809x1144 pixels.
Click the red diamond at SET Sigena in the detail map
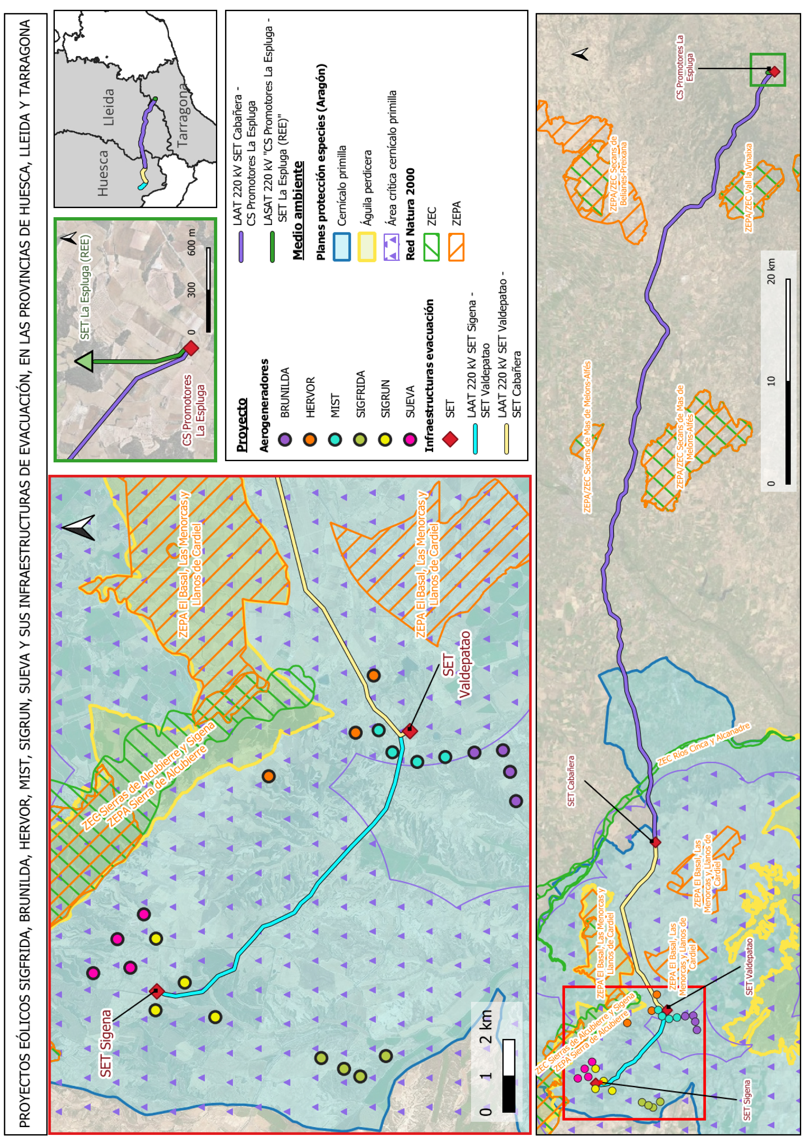pyautogui.click(x=157, y=991)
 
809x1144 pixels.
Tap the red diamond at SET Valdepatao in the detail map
pyautogui.click(x=410, y=731)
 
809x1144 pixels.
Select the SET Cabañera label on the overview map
pyautogui.click(x=571, y=781)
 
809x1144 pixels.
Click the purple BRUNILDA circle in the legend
pyautogui.click(x=284, y=439)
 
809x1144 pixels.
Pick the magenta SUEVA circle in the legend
pyautogui.click(x=410, y=439)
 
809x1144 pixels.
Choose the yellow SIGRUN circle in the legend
pyautogui.click(x=385, y=439)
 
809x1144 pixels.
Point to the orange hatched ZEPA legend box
pyautogui.click(x=456, y=248)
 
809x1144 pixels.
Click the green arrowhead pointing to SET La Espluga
pyautogui.click(x=84, y=361)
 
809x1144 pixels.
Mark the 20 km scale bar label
pyautogui.click(x=771, y=271)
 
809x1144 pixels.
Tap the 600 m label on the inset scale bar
pyautogui.click(x=191, y=243)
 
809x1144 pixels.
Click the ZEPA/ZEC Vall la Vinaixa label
pyautogui.click(x=748, y=188)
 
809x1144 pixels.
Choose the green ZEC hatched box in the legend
pyautogui.click(x=431, y=248)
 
